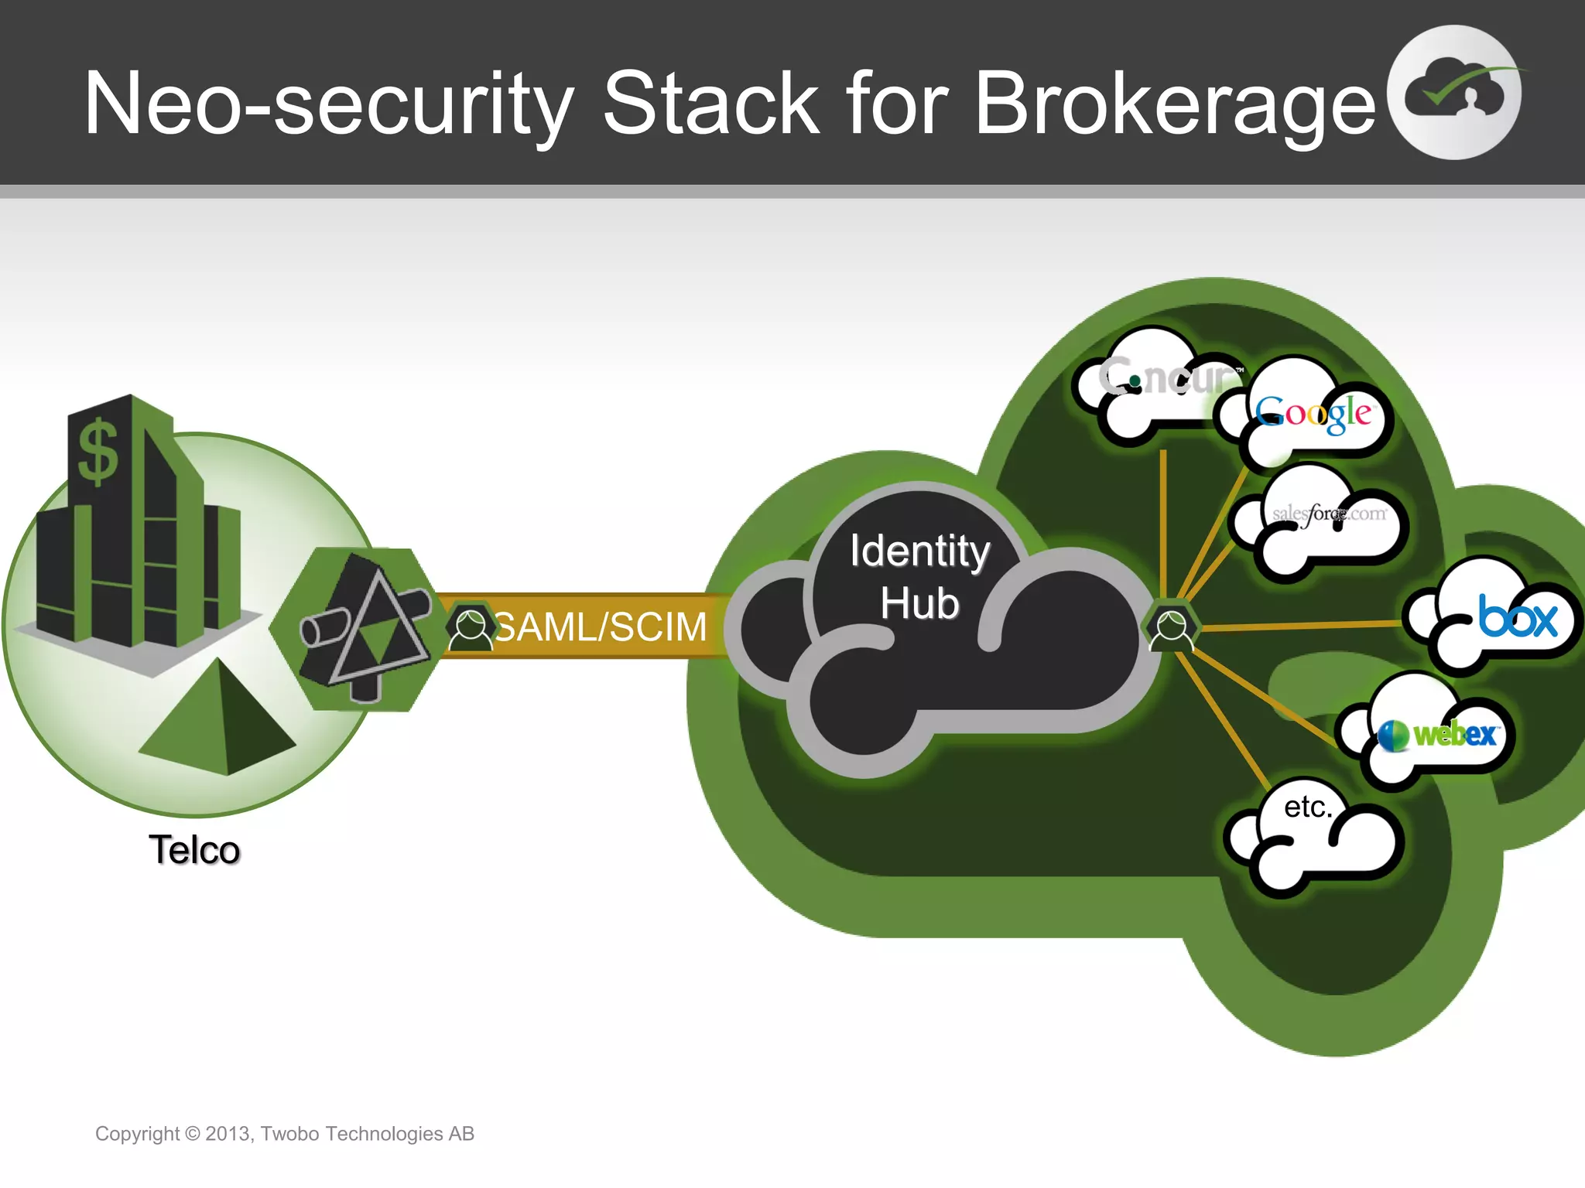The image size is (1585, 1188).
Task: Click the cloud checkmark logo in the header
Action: point(1454,93)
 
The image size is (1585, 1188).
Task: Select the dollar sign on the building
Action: point(98,452)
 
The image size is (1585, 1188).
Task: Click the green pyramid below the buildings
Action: point(219,719)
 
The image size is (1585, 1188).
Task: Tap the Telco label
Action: point(194,850)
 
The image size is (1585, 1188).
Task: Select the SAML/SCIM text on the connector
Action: point(601,626)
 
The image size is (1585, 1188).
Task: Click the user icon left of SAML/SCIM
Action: point(471,627)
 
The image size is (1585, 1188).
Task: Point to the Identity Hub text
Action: point(919,576)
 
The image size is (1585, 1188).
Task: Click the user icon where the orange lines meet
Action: point(1171,628)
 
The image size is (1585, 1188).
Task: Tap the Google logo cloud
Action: point(1313,414)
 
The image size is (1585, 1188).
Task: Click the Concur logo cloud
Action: point(1161,379)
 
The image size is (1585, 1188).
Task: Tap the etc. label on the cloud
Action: point(1308,807)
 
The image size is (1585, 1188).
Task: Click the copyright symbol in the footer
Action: point(193,1134)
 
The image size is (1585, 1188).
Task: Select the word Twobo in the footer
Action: point(290,1134)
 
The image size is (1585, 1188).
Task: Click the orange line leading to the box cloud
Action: point(1300,625)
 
